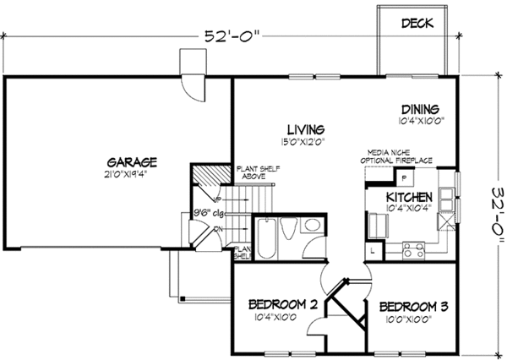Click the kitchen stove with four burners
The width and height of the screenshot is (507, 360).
[x=416, y=250]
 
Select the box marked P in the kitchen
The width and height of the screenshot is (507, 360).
[x=404, y=177]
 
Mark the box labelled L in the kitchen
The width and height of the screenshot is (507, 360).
[x=373, y=250]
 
